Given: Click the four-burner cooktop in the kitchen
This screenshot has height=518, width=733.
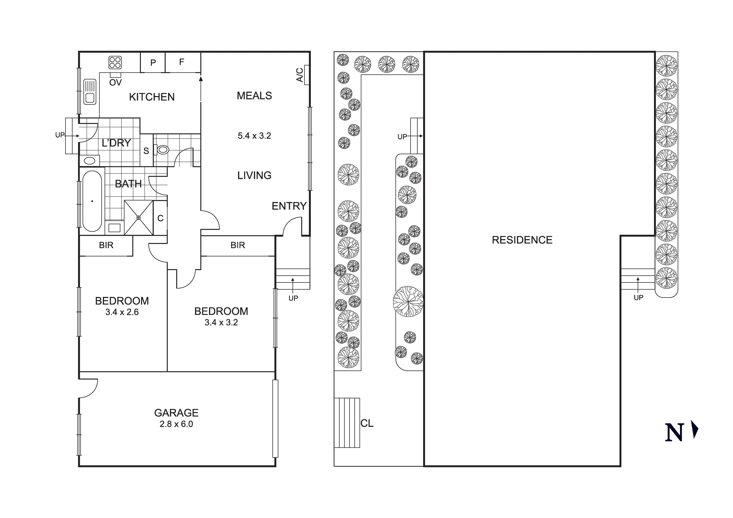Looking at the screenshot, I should coord(115,63).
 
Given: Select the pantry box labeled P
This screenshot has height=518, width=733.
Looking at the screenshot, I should coord(153,63).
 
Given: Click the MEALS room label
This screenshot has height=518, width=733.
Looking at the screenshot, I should coord(254,96).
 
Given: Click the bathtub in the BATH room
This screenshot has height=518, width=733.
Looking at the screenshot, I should coord(92,201).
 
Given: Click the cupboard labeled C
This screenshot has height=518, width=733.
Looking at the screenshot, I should coord(160,218).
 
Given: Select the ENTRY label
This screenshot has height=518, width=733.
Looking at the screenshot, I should coord(289,206).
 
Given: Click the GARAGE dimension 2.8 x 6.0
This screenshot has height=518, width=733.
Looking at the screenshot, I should coord(176,424).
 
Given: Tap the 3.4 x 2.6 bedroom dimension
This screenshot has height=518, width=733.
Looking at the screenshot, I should coord(122,312).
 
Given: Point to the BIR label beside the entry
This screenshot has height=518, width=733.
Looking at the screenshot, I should coord(237,245).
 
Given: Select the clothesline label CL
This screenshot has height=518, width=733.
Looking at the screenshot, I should coord(367,424).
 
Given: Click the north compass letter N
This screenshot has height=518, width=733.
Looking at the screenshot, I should coord(674,433).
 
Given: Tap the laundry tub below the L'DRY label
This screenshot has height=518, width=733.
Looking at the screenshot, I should coord(89,161).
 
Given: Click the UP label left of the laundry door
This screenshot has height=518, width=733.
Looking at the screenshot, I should coord(60,135).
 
